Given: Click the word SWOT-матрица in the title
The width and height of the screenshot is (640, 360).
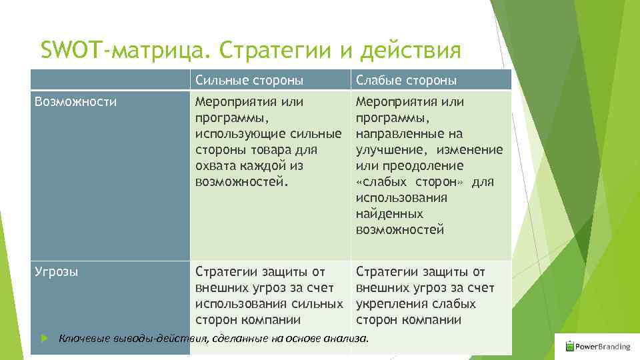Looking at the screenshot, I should point(125,50).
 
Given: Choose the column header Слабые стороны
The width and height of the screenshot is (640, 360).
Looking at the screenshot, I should point(406,81).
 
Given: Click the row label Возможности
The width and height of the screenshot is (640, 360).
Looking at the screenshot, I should point(75,102).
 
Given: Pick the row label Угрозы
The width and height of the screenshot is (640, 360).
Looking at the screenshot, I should point(57,272).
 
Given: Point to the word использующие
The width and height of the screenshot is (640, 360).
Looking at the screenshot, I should point(235,134).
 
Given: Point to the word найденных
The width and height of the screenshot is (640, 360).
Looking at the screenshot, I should point(389,214).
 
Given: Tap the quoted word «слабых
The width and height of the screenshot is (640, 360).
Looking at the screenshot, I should point(380,182).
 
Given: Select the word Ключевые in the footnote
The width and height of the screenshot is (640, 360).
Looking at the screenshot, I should point(83,339).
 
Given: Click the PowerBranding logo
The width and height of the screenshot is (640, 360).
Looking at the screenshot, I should point(597,346).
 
